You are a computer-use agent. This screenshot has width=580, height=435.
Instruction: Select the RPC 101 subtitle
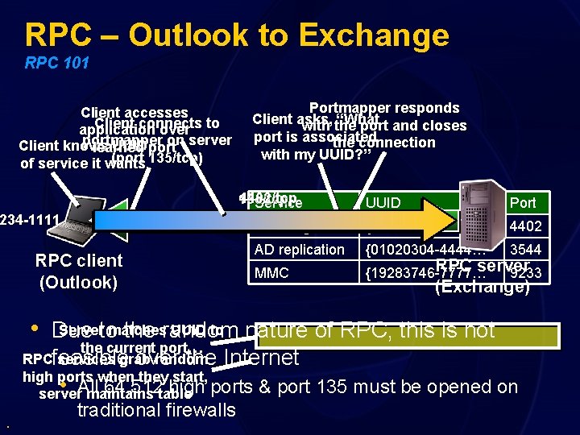pos(56,63)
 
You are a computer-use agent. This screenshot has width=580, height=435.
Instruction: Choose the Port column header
pos(523,203)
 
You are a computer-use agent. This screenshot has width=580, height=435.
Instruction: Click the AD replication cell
pos(299,250)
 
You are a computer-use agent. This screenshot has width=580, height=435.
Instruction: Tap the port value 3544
pos(526,250)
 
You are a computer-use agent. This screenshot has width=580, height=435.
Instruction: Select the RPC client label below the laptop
pos(78,260)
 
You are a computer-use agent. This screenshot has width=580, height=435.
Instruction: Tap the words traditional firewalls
pos(156,410)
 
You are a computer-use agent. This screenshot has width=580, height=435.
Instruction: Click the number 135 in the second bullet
pos(316,387)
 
